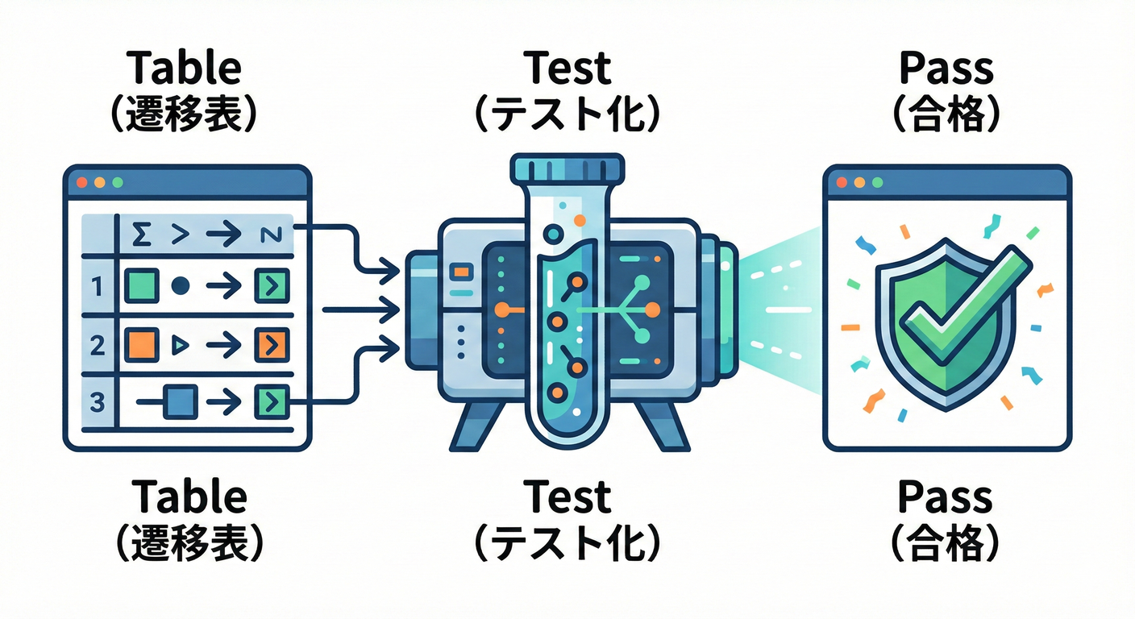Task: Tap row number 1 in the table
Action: [97, 285]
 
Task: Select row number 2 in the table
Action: [97, 345]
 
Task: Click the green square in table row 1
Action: [139, 285]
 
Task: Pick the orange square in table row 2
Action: [139, 344]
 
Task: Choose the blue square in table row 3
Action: [179, 401]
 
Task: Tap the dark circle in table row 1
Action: [180, 285]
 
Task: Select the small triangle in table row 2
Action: [180, 345]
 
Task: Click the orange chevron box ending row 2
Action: [271, 345]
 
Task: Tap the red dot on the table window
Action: [81, 183]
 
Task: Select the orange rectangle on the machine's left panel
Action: [461, 272]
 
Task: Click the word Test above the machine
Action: [567, 69]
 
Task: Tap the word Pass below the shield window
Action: [946, 497]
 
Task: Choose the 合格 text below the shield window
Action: [946, 544]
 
